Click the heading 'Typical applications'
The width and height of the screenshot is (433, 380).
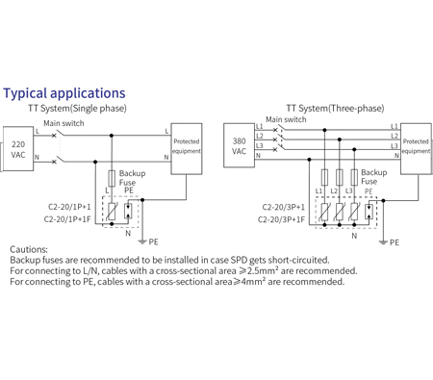[64, 93]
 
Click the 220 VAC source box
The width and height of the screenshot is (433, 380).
[18, 147]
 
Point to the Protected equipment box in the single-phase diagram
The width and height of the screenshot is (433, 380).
[186, 147]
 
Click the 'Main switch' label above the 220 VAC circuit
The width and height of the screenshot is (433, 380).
[64, 123]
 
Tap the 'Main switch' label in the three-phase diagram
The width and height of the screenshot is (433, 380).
[286, 120]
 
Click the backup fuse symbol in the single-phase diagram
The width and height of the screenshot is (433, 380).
[113, 178]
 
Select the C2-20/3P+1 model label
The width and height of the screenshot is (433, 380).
[283, 207]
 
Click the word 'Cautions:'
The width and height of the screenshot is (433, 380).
[32, 248]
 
